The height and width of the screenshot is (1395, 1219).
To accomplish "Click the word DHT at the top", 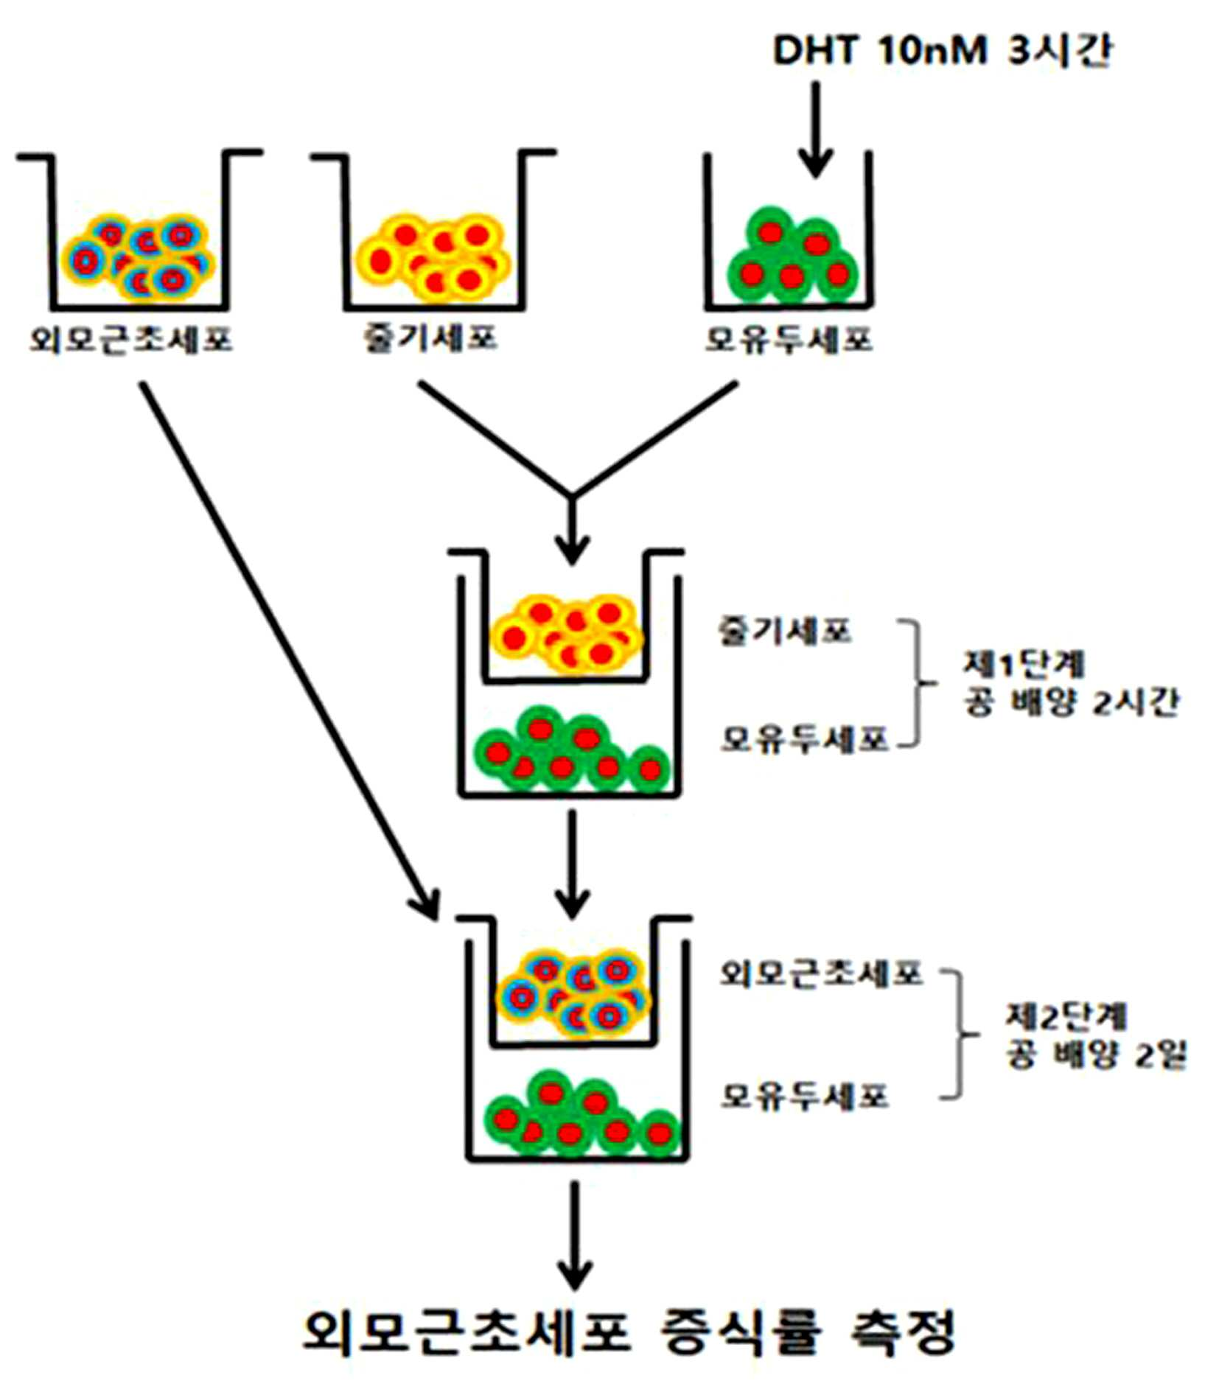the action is click(815, 50).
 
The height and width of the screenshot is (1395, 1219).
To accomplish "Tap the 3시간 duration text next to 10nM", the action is click(1058, 50).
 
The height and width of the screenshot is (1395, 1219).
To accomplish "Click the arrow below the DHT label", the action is click(815, 129).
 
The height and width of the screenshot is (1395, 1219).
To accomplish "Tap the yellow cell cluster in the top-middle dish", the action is click(432, 258).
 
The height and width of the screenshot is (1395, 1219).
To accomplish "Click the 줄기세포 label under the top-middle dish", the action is click(430, 338).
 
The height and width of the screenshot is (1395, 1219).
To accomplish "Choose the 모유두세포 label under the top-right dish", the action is click(789, 339).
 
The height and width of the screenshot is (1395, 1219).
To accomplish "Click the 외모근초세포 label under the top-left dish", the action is click(131, 339).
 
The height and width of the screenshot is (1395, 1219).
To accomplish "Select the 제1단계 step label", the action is click(1024, 664).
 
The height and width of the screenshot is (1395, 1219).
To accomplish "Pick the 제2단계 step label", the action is click(1066, 1016).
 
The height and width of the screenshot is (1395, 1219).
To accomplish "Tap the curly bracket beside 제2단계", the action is click(959, 1035).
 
